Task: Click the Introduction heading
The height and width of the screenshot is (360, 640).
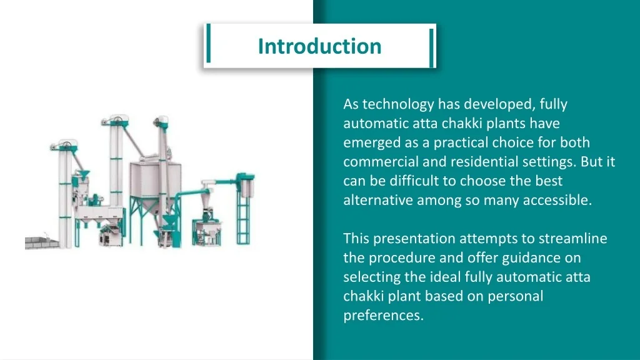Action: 319,46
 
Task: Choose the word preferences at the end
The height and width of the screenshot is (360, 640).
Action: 383,316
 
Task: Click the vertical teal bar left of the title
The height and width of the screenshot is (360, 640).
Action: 207,45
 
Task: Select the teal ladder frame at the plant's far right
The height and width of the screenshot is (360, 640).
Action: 243,212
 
